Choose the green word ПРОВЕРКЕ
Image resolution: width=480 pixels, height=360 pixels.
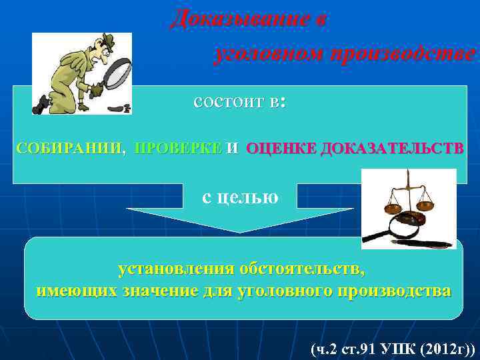(178, 149)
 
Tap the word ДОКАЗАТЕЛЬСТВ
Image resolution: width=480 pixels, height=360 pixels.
(390, 149)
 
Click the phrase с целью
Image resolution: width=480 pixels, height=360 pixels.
(240, 197)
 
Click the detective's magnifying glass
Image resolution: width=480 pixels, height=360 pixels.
(113, 73)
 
